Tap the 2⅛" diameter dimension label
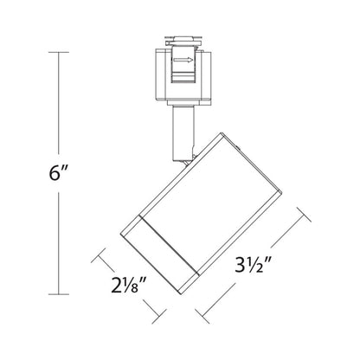(126, 283)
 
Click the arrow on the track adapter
(184, 61)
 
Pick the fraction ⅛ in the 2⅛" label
(134, 283)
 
